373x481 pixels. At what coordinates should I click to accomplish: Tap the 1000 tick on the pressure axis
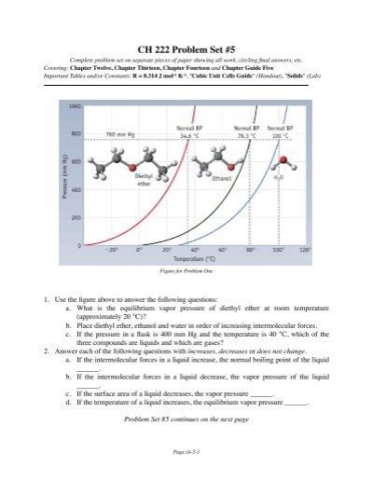coord(75,105)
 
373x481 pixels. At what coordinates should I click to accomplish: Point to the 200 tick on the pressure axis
coord(76,217)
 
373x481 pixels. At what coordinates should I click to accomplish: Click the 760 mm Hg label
coord(124,133)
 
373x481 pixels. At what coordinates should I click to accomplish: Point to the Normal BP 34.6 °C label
coord(189,131)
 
